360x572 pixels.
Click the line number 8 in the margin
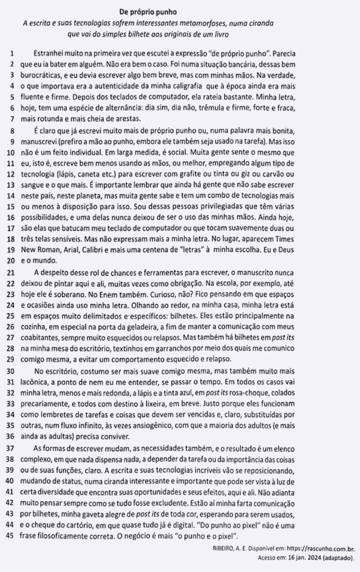coord(12,132)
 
